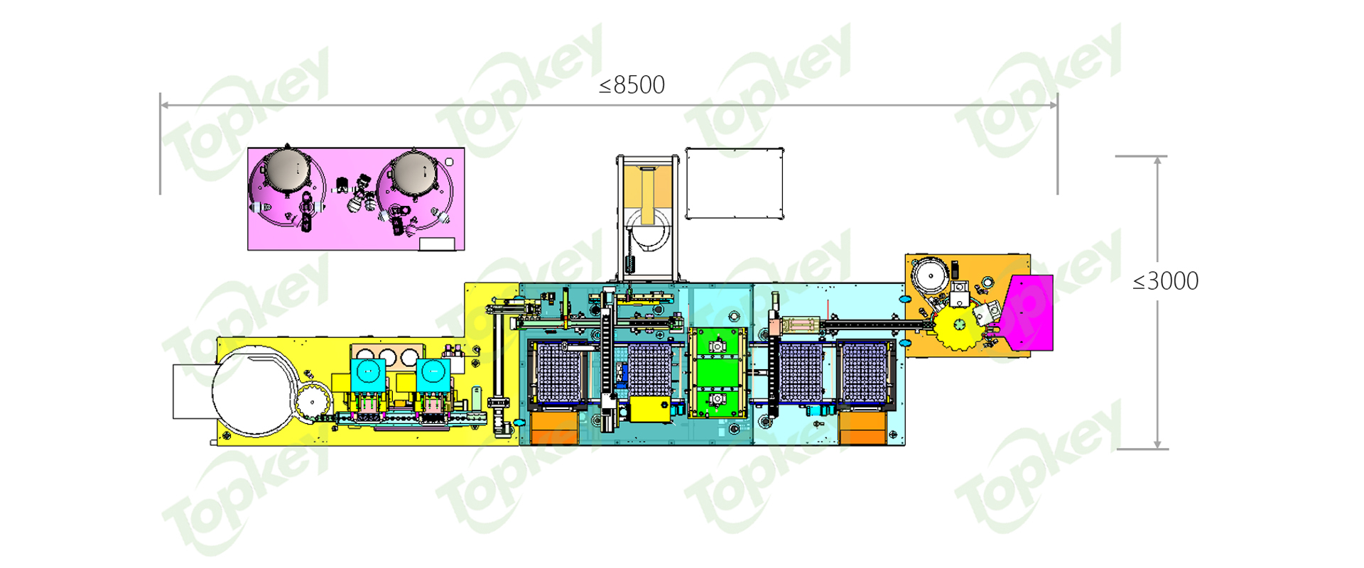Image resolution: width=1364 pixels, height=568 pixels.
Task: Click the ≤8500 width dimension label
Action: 632,85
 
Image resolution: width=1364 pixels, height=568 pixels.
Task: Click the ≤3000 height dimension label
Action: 1166,281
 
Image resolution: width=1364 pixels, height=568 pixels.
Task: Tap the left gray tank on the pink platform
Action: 287,170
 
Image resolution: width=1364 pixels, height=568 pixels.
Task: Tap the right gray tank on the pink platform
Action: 413,171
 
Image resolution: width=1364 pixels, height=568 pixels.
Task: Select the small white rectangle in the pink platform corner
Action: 437,244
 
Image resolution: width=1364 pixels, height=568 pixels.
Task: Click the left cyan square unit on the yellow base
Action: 368,373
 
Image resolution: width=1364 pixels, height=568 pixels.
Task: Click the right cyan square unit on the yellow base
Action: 433,373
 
